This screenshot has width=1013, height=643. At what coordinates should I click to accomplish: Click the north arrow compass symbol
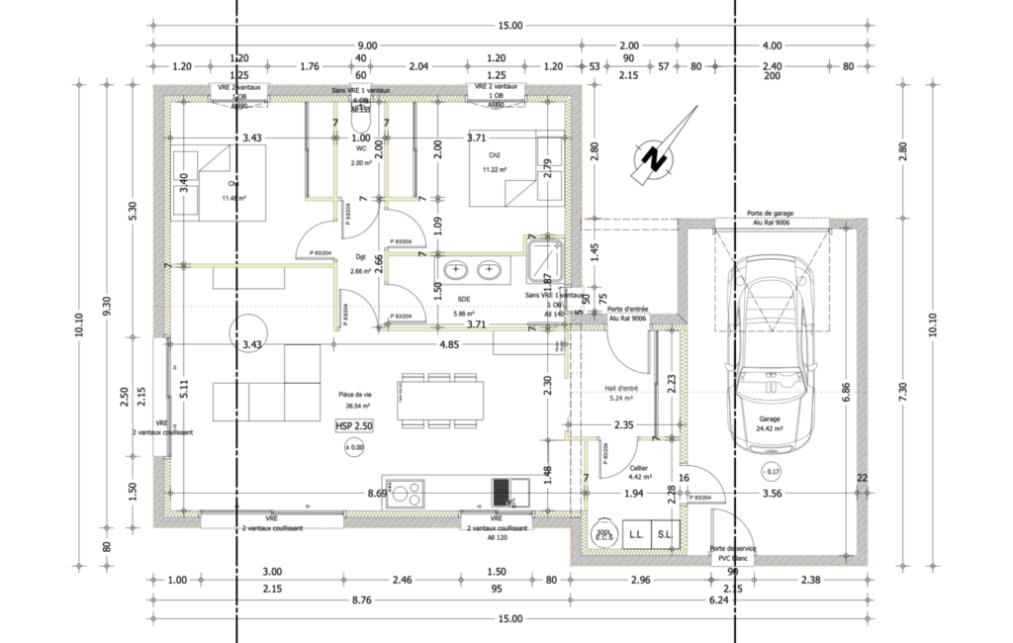[x=652, y=153]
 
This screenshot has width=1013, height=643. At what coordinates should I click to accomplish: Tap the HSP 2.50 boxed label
[x=354, y=425]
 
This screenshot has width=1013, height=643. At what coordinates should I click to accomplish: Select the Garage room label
[x=770, y=418]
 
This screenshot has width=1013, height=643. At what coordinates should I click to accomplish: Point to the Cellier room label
[x=638, y=467]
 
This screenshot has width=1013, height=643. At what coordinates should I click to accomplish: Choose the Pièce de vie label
[x=353, y=394]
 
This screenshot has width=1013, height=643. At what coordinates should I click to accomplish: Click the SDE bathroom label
[x=463, y=298]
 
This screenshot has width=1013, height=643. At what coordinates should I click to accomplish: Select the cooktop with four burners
[x=406, y=492]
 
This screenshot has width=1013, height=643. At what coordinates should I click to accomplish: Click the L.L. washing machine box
[x=634, y=533]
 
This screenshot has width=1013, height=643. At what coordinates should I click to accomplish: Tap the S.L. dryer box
[x=664, y=533]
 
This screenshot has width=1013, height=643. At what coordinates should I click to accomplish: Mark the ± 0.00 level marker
[x=354, y=448]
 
